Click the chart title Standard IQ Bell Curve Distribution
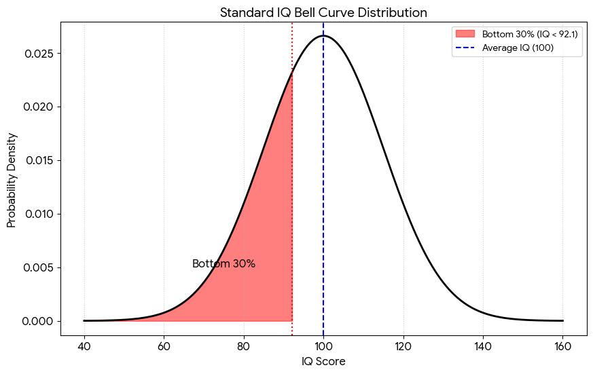coord(323,12)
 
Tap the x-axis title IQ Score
coord(323,362)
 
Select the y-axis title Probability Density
coord(12,180)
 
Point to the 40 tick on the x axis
coord(84,346)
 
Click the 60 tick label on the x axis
coord(164,346)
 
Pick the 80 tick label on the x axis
coord(244,346)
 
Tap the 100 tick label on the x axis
coord(323,346)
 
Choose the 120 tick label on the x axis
coord(403,346)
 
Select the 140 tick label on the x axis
coord(483,346)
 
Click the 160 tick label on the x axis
coord(562,346)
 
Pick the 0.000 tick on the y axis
coord(39,321)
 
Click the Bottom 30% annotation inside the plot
coord(224,263)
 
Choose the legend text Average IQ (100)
coord(518,48)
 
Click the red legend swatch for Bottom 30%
coord(465,34)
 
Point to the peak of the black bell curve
coord(323,36)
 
